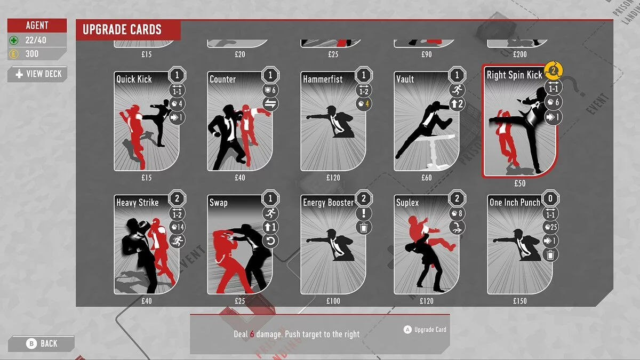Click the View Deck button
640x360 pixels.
(37, 74)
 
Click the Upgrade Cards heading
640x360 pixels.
(122, 30)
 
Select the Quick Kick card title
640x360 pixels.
(134, 79)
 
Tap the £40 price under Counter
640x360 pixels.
(240, 178)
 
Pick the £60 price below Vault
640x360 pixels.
(427, 178)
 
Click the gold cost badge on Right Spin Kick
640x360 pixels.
(555, 70)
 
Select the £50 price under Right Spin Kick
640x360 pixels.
(520, 183)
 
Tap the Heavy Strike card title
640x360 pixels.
(138, 203)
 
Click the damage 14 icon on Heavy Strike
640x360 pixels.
(177, 227)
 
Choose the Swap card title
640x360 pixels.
(219, 203)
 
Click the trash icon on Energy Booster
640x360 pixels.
(363, 227)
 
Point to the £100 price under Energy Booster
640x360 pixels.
(333, 301)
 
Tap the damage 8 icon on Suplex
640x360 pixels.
(457, 213)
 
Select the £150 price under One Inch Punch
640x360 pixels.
(520, 301)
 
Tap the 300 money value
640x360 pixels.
(32, 54)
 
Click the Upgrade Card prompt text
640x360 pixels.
(430, 330)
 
